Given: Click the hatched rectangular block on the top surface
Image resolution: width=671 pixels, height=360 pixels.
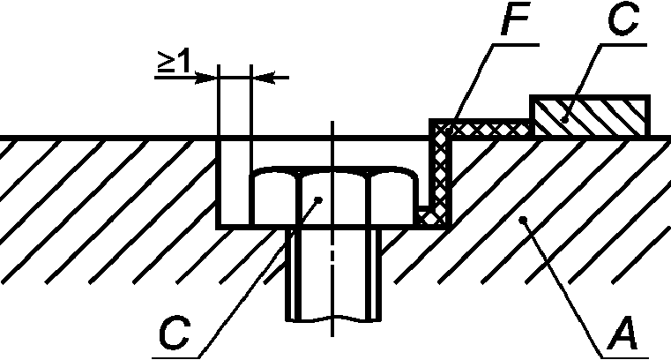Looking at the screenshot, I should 591,116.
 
